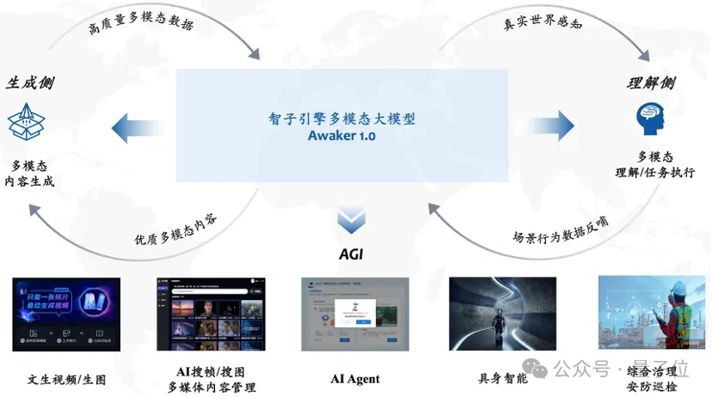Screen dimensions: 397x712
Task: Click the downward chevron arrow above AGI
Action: [x=351, y=222]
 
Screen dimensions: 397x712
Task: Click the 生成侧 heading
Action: [x=31, y=83]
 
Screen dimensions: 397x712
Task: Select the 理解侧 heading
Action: [x=651, y=83]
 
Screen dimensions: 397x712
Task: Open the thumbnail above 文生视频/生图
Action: [x=66, y=314]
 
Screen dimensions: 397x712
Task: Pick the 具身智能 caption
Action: [x=503, y=379]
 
